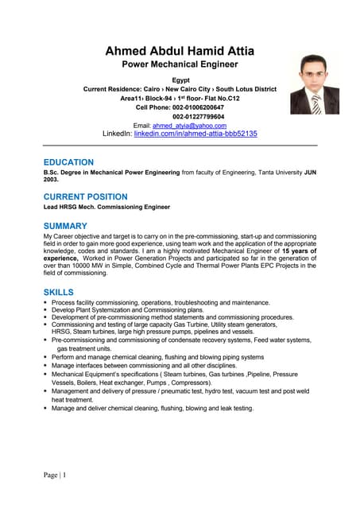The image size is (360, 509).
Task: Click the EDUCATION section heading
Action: pyautogui.click(x=68, y=162)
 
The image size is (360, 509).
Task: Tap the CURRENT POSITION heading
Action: pyautogui.click(x=85, y=196)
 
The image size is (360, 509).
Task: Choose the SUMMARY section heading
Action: pyautogui.click(x=65, y=226)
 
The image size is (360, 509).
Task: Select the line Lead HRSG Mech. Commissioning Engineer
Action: pyautogui.click(x=106, y=207)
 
